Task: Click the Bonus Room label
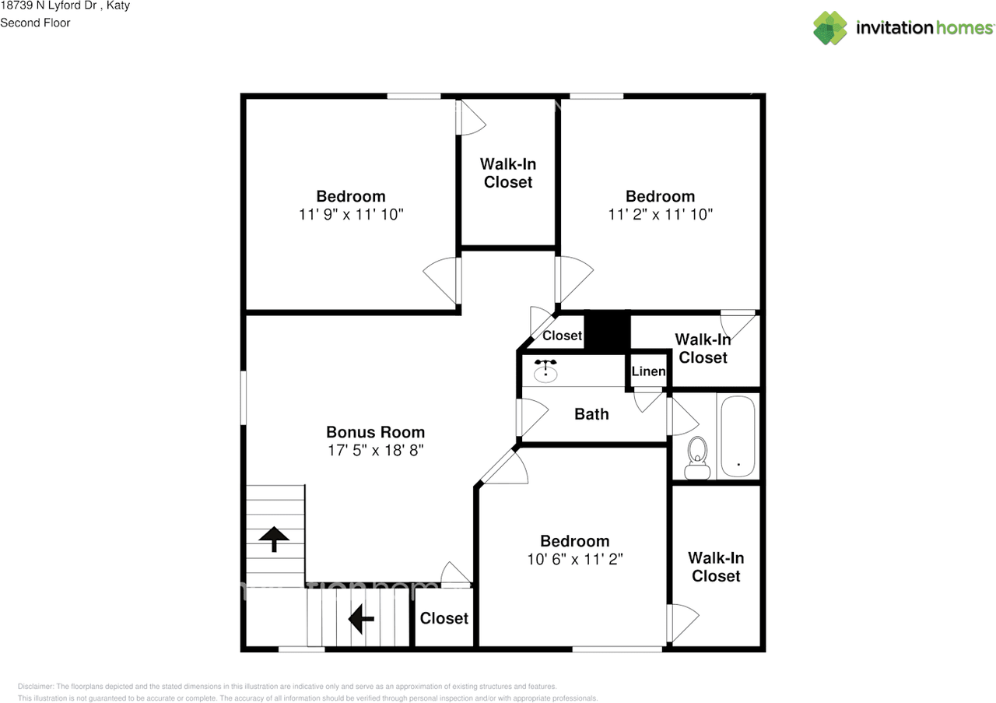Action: [375, 432]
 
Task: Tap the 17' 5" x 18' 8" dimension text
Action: [375, 450]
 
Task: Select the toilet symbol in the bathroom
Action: [697, 458]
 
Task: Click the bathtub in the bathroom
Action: [738, 436]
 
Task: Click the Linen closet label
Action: [648, 371]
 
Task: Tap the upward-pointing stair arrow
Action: [274, 539]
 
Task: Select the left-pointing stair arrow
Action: [361, 618]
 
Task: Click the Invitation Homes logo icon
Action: [830, 27]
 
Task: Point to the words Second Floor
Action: [35, 23]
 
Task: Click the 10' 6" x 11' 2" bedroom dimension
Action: [575, 559]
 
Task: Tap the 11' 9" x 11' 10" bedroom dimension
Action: [351, 214]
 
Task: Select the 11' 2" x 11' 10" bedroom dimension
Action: [661, 214]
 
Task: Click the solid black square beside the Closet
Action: [607, 332]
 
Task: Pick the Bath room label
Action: [591, 414]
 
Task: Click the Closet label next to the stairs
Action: [444, 618]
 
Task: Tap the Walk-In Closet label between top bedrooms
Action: [508, 173]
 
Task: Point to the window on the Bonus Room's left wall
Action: [244, 397]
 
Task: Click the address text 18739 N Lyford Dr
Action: [48, 5]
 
